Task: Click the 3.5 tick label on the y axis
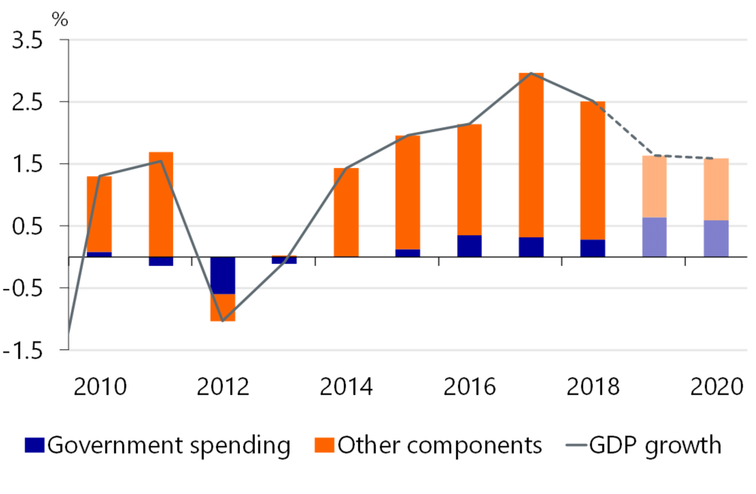(x=27, y=41)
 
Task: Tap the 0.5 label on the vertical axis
(x=27, y=226)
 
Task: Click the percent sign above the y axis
(x=61, y=18)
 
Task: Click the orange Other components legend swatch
(x=325, y=446)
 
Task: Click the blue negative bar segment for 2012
(x=222, y=275)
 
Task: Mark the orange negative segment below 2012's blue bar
(x=222, y=307)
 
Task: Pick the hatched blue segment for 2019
(x=654, y=237)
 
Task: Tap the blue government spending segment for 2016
(x=469, y=246)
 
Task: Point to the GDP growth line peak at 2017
(x=531, y=73)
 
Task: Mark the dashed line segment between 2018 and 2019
(x=624, y=128)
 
